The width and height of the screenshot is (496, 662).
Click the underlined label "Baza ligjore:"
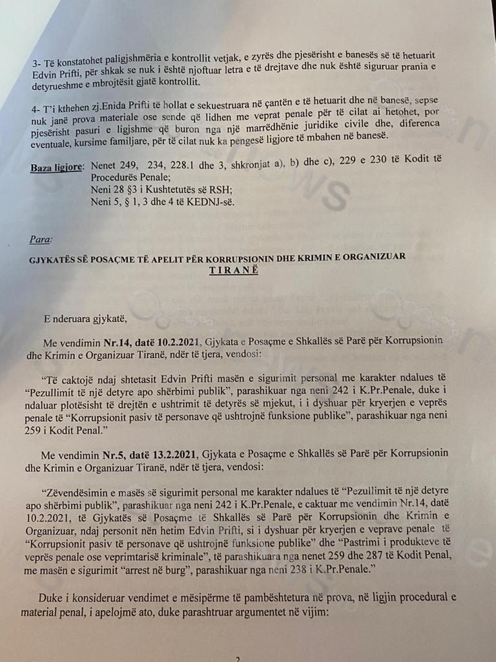57,167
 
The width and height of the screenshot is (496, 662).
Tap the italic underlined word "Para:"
39,239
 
